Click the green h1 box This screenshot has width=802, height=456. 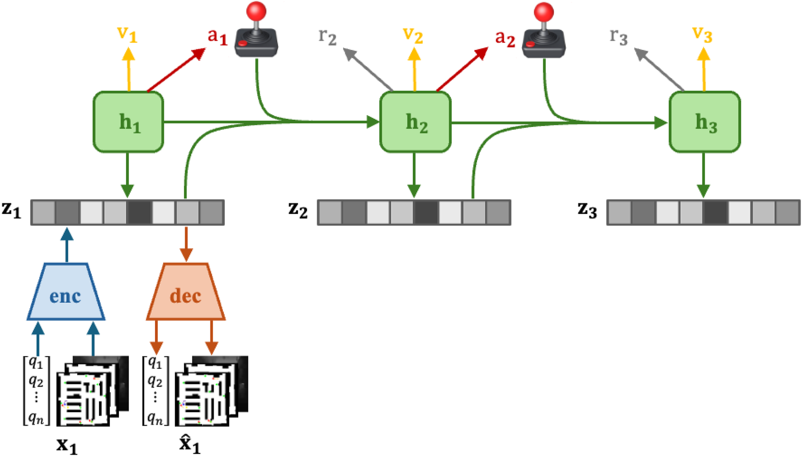pos(128,122)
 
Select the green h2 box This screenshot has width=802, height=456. pos(415,122)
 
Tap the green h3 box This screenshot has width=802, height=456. pos(704,122)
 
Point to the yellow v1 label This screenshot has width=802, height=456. pos(127,34)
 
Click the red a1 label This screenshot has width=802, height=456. pos(217,36)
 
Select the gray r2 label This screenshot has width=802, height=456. pos(327,36)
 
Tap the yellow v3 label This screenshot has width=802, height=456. pos(702,34)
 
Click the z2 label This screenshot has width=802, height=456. pos(298,210)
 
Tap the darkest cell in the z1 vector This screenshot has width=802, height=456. pos(139,212)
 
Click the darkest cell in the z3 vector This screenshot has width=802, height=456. pos(716,212)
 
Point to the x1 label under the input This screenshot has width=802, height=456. pos(67,445)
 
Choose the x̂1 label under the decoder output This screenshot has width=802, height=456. pos(189,444)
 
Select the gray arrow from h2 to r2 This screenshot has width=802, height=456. pos(368,69)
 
